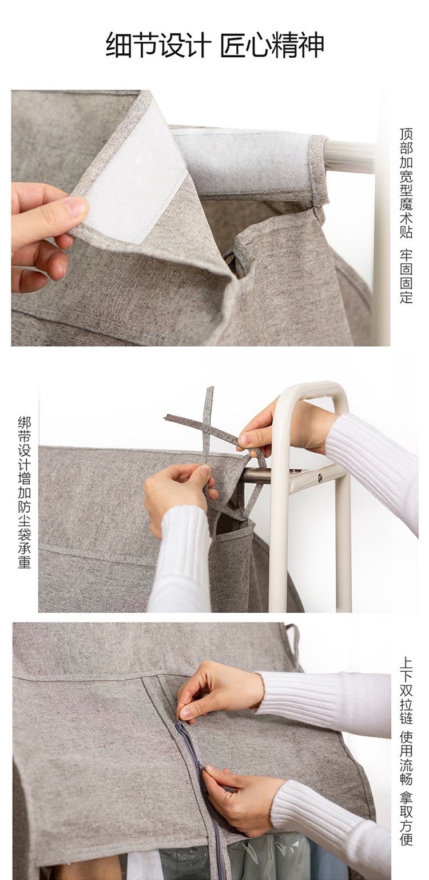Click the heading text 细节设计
[158, 46]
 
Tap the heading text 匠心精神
[272, 46]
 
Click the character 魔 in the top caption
[406, 204]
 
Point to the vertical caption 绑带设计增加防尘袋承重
[25, 493]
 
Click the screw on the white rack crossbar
[320, 478]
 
